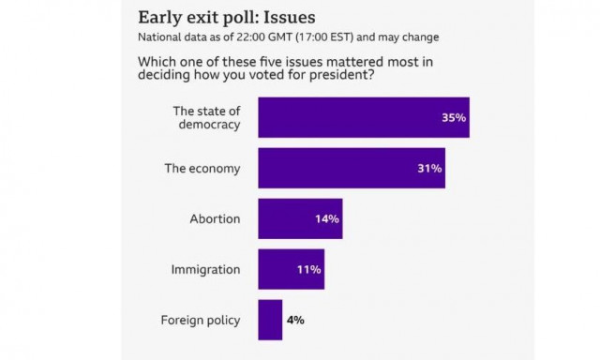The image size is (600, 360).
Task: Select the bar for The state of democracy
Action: [x=363, y=118]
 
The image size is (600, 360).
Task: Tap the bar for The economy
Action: [x=352, y=169]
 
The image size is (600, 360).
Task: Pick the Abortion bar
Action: [x=300, y=218]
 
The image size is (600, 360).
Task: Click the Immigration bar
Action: [x=291, y=269]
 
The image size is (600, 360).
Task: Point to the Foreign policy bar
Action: [x=270, y=320]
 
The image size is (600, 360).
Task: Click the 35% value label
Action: [x=454, y=118]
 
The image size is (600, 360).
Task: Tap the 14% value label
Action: [x=327, y=219]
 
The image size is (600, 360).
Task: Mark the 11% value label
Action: [x=310, y=270]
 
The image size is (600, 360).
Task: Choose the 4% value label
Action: [x=295, y=320]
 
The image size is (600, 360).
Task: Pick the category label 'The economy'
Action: [x=202, y=169]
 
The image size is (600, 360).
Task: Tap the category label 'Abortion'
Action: [x=215, y=219]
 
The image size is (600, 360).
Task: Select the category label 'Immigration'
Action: [x=205, y=270]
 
